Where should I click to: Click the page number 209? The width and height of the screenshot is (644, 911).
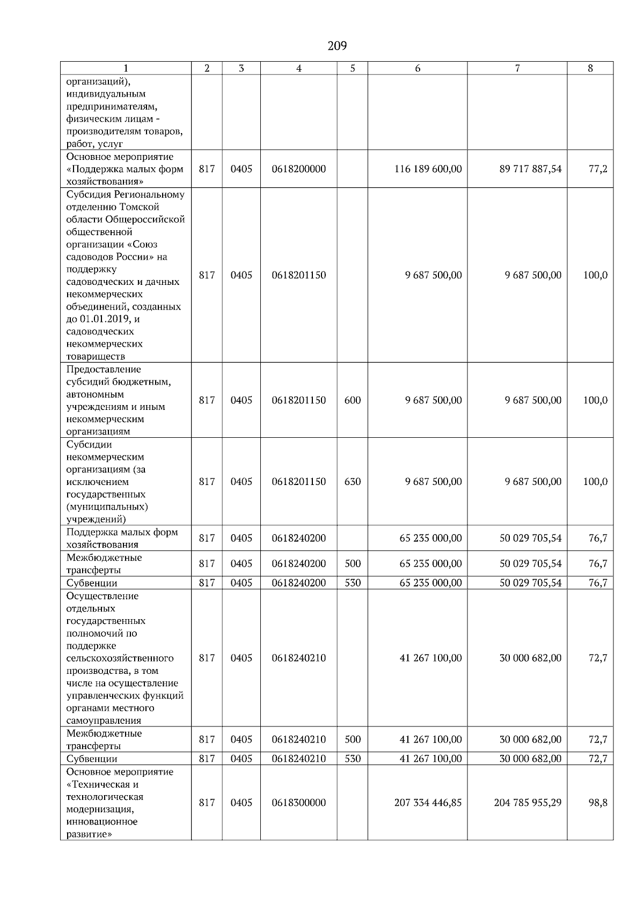click(337, 46)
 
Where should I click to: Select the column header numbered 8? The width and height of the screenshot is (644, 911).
click(590, 68)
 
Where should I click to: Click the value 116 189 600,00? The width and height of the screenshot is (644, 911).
click(428, 169)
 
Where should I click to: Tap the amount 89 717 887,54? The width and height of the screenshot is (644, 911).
click(530, 169)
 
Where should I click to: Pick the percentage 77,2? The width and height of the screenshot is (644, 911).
click(598, 169)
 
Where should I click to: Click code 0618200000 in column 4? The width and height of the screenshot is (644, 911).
click(298, 169)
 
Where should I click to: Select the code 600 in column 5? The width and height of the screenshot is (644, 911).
click(352, 400)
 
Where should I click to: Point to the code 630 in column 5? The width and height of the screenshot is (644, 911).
click(352, 482)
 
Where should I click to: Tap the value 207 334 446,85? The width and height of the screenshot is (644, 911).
click(428, 803)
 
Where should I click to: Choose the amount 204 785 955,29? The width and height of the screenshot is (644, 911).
click(528, 803)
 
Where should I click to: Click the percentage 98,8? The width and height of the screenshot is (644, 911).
click(598, 803)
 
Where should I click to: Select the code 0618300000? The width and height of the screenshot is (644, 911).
click(298, 803)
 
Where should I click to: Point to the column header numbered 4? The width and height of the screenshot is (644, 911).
click(298, 68)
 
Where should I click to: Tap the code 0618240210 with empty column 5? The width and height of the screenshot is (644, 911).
click(298, 658)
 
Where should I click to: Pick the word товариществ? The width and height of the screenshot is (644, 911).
click(96, 356)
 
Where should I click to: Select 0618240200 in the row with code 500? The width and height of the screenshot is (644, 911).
click(298, 564)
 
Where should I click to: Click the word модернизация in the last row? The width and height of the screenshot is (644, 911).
click(100, 810)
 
